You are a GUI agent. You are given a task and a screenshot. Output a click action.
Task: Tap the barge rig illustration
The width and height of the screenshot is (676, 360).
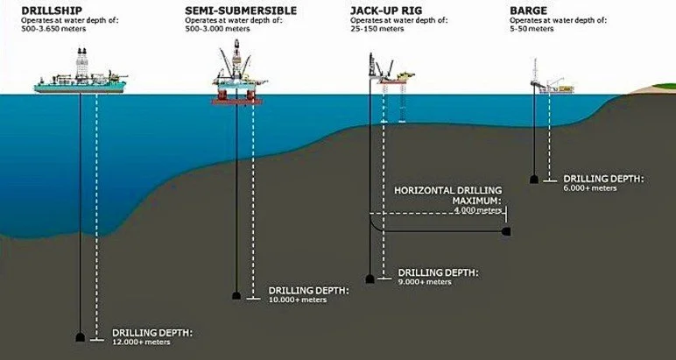pos(547,81)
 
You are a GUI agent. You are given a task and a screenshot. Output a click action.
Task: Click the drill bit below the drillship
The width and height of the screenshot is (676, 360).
pos(81,337)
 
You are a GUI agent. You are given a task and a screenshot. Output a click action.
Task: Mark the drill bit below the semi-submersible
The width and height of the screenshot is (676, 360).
pos(236,295)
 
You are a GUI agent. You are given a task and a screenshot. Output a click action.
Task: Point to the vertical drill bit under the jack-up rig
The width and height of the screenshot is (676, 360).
pos(371,279)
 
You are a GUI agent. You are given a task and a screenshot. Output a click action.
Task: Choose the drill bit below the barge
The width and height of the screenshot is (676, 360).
pos(533,180)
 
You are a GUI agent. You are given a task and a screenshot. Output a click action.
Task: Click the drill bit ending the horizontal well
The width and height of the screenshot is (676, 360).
pos(506,232)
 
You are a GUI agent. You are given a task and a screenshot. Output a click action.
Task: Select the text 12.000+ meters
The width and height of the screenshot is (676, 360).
pos(142,342)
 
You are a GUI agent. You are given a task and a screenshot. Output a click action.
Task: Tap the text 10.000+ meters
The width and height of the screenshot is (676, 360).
pos(298,300)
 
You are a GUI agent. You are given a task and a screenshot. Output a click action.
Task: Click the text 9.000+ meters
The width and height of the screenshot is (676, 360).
pos(425,282)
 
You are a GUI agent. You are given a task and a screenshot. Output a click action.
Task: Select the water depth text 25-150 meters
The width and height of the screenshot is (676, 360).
pos(377,29)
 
